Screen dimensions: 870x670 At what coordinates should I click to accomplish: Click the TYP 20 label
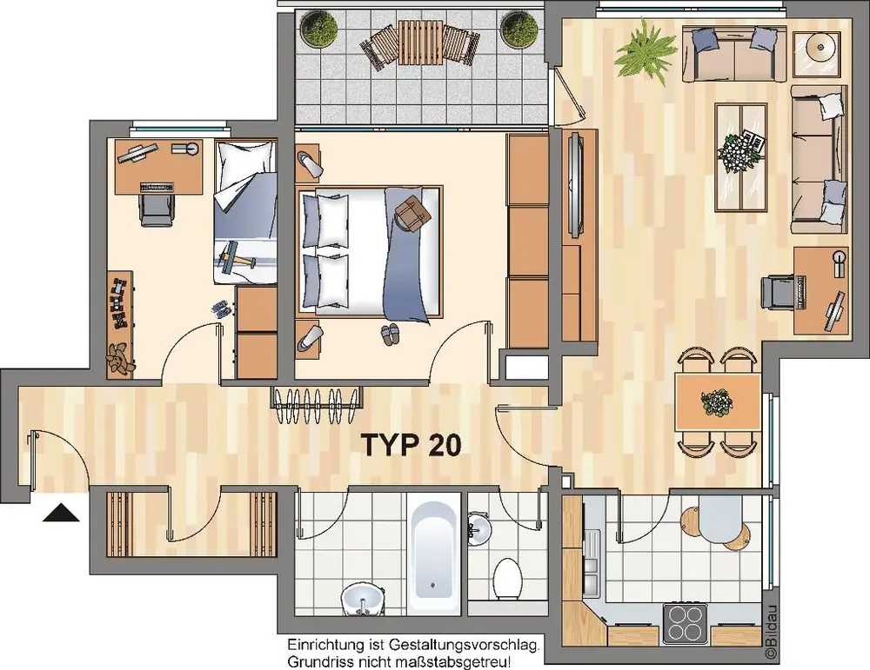(x=412, y=444)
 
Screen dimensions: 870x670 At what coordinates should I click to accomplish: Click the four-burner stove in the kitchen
(x=686, y=623)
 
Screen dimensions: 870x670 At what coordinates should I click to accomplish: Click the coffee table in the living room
(x=740, y=156)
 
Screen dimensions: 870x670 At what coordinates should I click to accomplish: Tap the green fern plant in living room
(x=646, y=51)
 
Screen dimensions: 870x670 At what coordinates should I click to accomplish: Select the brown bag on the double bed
(x=412, y=213)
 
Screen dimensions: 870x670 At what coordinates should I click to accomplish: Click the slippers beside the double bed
(x=390, y=335)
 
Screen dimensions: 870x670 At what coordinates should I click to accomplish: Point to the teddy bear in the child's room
(x=118, y=358)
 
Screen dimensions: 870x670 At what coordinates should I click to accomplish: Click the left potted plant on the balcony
(x=318, y=31)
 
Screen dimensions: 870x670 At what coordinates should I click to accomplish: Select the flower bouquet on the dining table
(x=716, y=401)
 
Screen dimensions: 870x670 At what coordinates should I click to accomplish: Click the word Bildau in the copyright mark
(x=772, y=625)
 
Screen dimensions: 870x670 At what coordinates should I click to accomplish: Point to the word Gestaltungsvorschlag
(x=464, y=646)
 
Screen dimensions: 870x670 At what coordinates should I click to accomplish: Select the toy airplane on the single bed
(x=233, y=256)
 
